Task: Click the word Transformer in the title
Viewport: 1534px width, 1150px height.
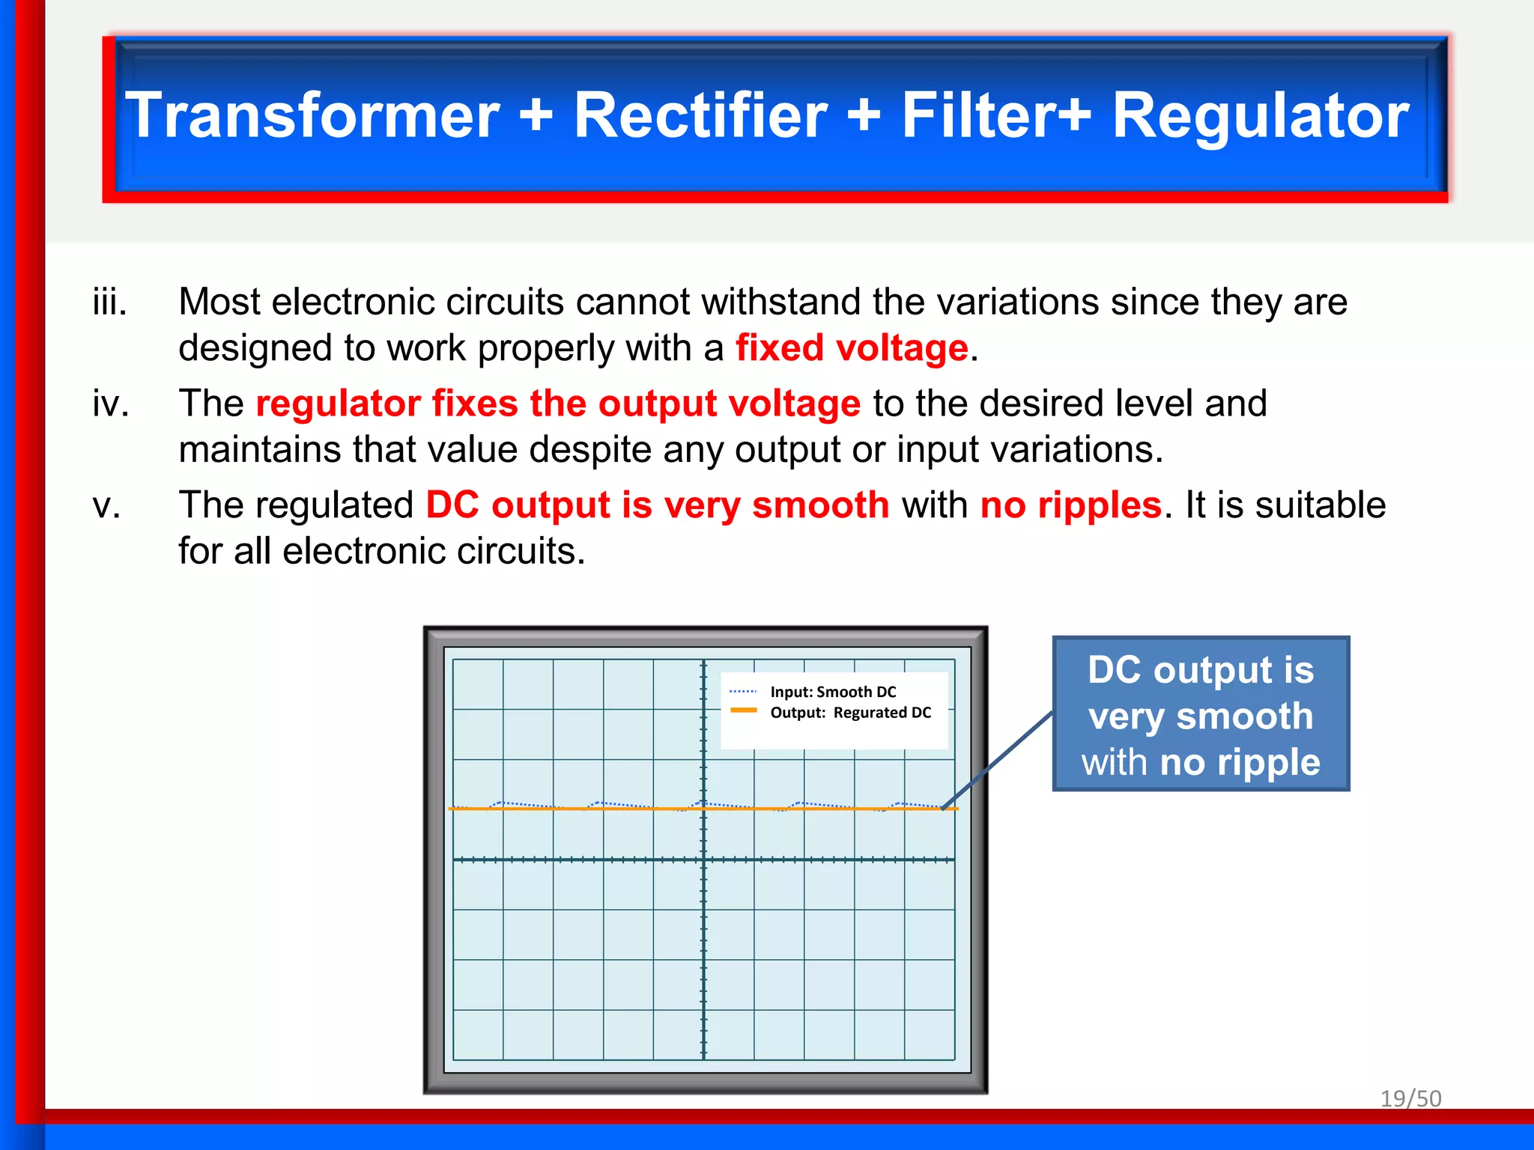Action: coord(312,115)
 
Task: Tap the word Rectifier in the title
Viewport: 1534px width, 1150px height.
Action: coord(700,115)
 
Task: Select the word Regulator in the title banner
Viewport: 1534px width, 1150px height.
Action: coord(1261,115)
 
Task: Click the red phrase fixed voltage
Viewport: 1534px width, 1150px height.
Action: coord(852,348)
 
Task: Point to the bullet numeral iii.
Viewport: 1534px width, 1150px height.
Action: coord(110,302)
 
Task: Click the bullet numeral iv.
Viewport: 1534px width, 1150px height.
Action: coord(111,404)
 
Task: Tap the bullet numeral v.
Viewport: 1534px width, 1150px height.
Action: coord(106,505)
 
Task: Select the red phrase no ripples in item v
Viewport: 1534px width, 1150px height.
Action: coord(1070,505)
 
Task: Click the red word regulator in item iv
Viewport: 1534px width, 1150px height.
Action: coord(338,404)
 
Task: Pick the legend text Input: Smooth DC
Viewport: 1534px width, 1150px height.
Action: coord(833,692)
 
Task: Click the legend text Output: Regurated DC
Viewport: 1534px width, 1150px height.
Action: coord(850,713)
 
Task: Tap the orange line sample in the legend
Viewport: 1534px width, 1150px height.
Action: coord(743,711)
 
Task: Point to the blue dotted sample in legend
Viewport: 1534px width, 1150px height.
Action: coord(743,691)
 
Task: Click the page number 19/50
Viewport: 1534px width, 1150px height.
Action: coord(1410,1098)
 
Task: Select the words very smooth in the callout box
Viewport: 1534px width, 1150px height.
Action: coord(1201,717)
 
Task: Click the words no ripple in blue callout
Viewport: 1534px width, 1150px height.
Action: coord(1240,762)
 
